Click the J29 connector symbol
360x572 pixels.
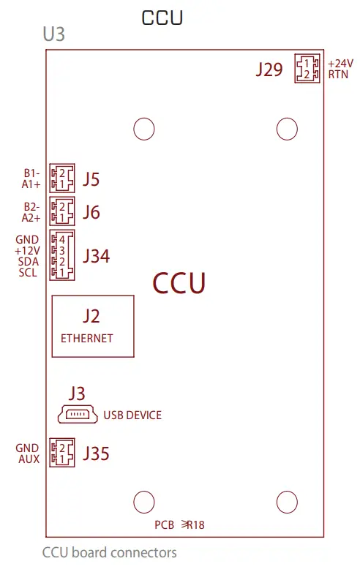coord(307,69)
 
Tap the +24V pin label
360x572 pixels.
coord(340,64)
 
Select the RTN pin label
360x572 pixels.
coord(338,75)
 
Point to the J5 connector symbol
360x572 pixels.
coord(61,178)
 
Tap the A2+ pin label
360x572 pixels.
coord(30,217)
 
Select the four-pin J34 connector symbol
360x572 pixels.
coord(61,255)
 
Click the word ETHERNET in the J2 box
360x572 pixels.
coord(87,338)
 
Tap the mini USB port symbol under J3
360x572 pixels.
coord(78,415)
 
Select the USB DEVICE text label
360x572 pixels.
coord(132,415)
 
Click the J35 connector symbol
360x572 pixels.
coord(61,453)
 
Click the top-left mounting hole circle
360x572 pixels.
coord(144,129)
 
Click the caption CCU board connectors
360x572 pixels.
coord(110,552)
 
